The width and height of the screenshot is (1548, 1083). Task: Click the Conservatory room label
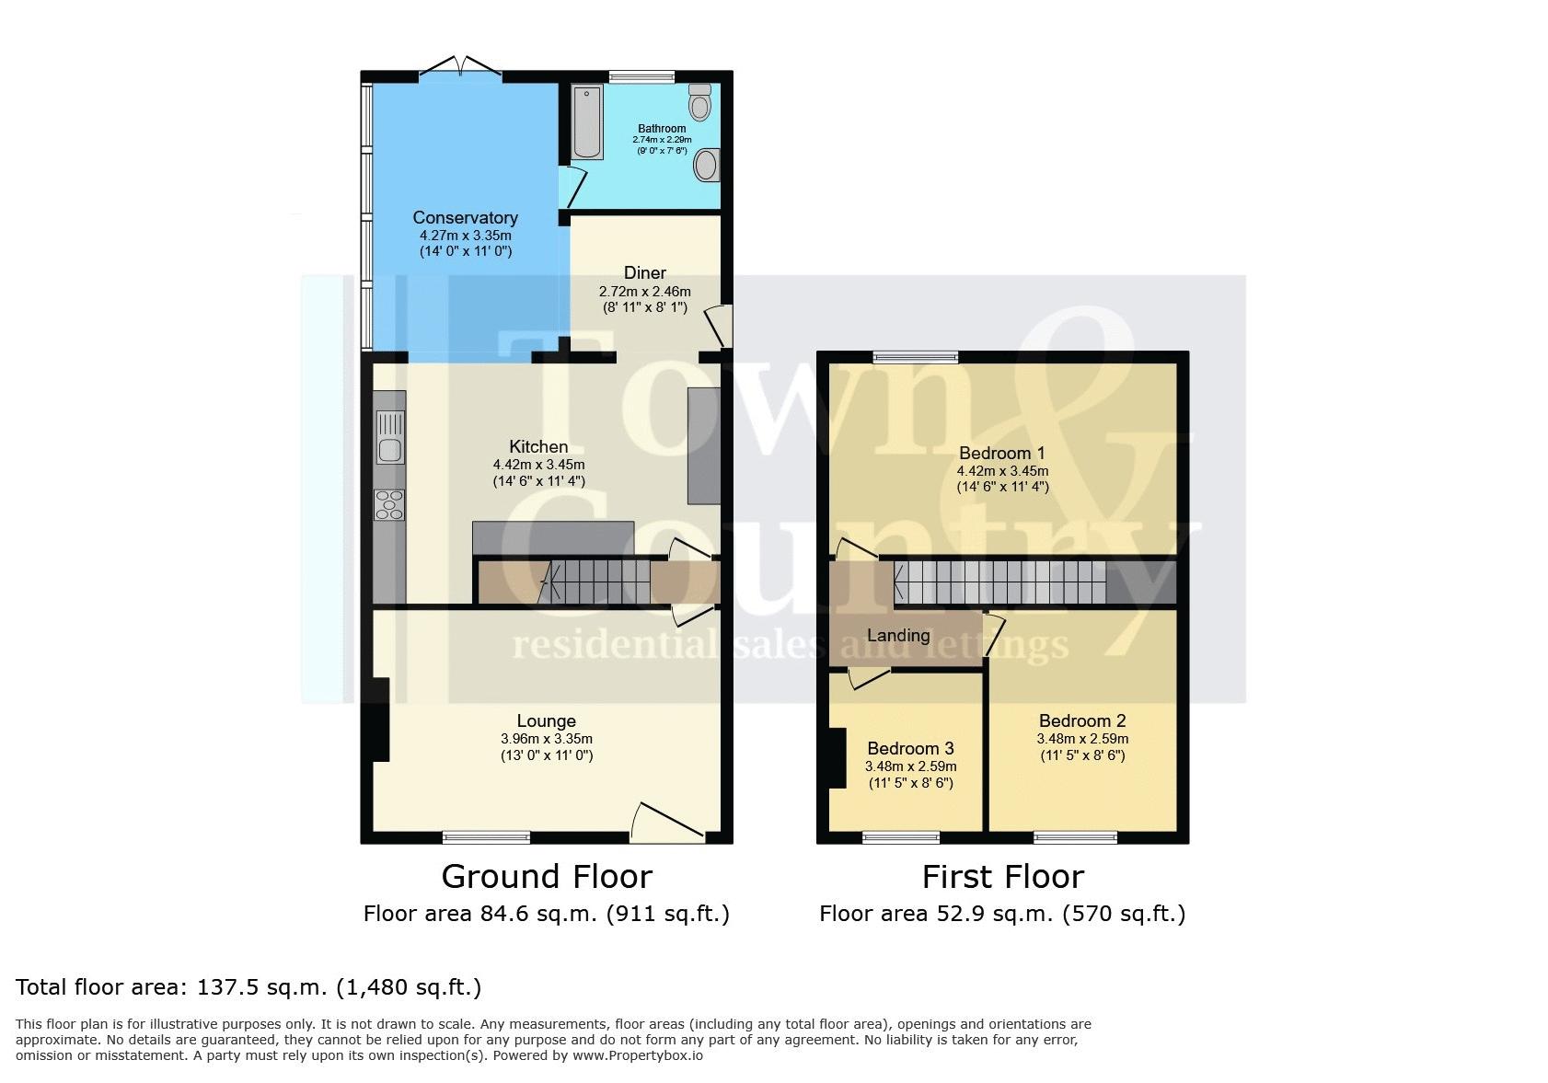tap(465, 218)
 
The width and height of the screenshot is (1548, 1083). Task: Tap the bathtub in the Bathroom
tap(587, 122)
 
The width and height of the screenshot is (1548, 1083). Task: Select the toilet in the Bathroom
tap(700, 102)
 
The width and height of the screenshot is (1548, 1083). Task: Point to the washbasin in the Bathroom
tap(707, 166)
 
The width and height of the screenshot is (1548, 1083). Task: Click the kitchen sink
tap(390, 437)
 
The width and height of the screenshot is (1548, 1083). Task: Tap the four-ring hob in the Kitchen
tap(389, 504)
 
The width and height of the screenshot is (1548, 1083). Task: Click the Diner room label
tap(645, 273)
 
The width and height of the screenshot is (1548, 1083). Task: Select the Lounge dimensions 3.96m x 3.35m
tap(547, 739)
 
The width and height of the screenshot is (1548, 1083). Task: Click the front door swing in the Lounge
tap(667, 822)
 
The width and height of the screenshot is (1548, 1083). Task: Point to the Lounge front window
tap(487, 837)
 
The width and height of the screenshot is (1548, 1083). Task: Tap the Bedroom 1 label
tap(1002, 454)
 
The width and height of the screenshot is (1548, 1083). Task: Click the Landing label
tap(898, 635)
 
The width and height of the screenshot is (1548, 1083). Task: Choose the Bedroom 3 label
tap(911, 748)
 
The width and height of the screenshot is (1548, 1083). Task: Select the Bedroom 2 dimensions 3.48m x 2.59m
tap(1083, 739)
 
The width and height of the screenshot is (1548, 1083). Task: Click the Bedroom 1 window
tap(916, 357)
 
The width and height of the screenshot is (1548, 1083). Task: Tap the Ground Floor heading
tap(547, 877)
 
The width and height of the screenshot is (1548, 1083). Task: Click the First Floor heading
tap(1003, 877)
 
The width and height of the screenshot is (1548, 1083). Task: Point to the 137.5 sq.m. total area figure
tap(262, 987)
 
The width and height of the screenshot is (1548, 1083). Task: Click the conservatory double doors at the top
tap(460, 68)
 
